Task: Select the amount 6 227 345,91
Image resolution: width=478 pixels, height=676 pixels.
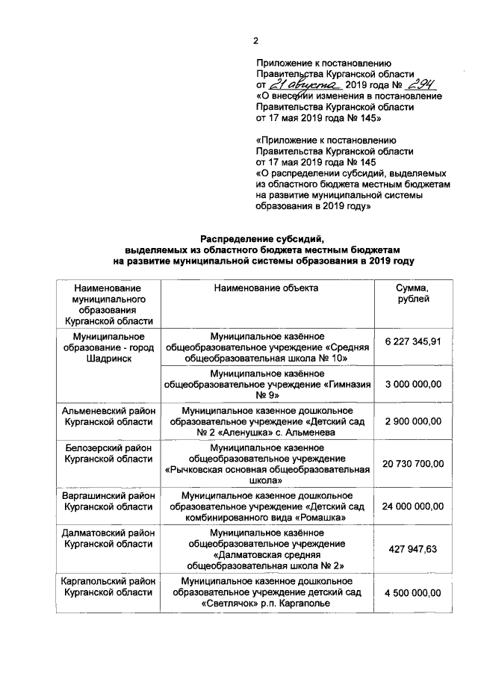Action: [414, 341]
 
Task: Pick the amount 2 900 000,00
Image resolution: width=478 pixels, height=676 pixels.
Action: [414, 421]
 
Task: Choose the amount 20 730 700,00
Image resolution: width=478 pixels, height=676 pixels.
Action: [414, 463]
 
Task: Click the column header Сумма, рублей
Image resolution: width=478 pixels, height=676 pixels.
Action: [413, 293]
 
